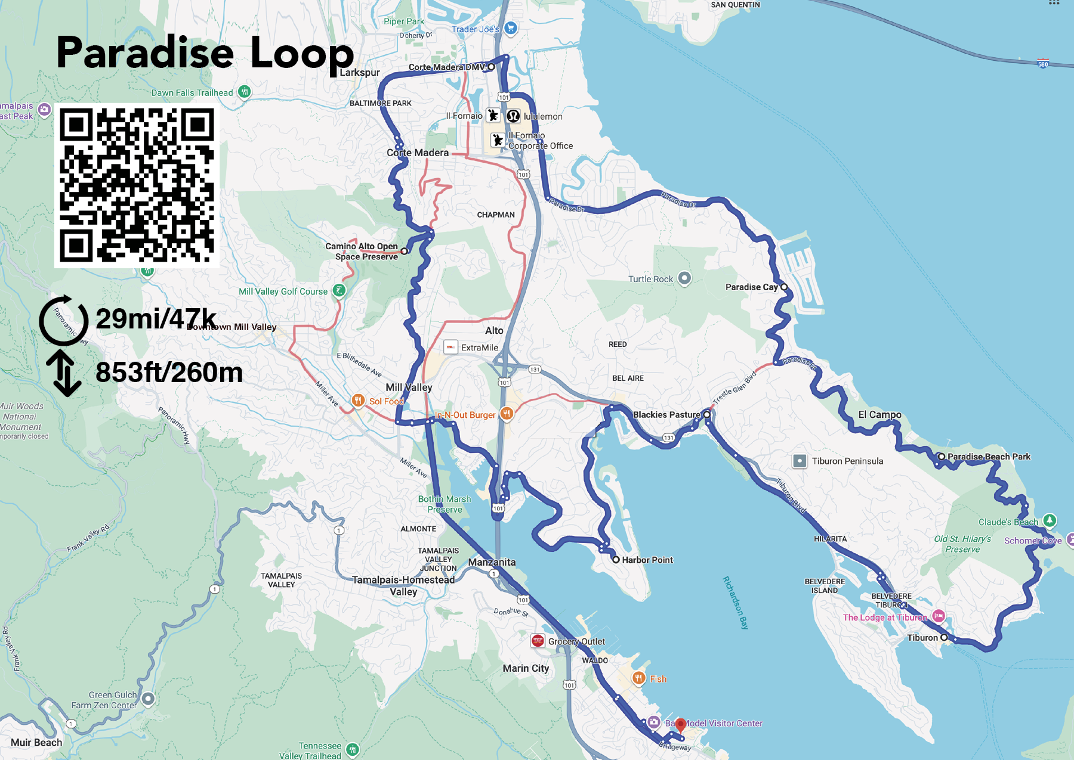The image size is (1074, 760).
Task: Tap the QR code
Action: tap(137, 185)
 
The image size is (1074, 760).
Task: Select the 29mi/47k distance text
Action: tap(156, 319)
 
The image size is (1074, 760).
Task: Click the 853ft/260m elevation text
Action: tap(169, 373)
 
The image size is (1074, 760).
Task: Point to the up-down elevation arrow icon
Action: tap(64, 373)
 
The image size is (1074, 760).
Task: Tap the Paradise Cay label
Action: tap(751, 287)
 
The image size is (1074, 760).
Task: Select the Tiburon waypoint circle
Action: tap(944, 637)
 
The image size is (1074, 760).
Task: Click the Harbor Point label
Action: tap(647, 560)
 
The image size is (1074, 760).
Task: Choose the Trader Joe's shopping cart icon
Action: tap(510, 27)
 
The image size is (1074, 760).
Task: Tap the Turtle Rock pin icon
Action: tap(684, 278)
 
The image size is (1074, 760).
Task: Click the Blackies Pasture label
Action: tap(666, 415)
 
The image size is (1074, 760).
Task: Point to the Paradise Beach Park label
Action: tap(989, 457)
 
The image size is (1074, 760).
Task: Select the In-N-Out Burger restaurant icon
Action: tap(507, 414)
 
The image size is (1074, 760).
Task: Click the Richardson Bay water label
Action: tap(735, 602)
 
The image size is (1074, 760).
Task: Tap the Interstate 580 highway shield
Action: tap(1043, 64)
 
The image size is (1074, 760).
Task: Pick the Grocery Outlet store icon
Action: tap(538, 641)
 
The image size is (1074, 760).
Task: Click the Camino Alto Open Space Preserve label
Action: tap(362, 251)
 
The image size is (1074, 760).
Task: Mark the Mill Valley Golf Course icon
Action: tap(339, 290)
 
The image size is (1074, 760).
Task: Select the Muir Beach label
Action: tap(36, 742)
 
